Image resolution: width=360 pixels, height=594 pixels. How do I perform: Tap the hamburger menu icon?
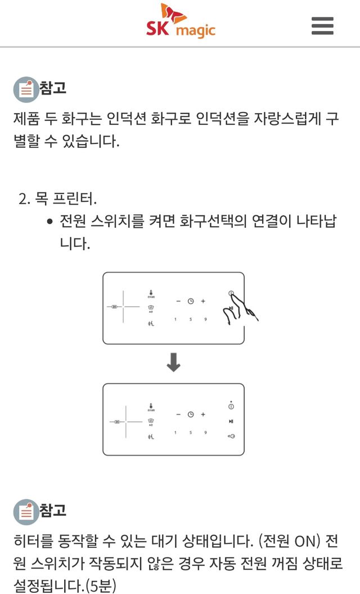coord(322,25)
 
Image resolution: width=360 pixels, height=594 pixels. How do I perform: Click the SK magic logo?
coord(181,22)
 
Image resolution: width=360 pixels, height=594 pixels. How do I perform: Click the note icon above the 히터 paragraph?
coord(26,512)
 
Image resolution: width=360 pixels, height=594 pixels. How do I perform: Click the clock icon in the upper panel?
coord(191,301)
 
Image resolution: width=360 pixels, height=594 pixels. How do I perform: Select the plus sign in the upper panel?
coord(203,301)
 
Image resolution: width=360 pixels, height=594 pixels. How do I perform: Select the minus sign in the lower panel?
coord(178,415)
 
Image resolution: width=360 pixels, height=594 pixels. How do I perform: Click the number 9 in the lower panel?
coord(205,433)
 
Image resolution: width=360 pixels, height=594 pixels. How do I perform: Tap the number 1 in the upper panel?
coord(175,319)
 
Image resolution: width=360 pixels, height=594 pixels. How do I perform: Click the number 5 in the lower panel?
coord(191,433)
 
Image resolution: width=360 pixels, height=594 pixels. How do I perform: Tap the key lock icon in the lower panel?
coord(231,436)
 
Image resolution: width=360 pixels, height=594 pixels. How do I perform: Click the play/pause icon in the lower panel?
coord(231,421)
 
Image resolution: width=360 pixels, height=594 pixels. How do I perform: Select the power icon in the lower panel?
coord(231,406)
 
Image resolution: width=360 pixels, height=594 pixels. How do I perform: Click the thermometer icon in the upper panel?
coord(151,292)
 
